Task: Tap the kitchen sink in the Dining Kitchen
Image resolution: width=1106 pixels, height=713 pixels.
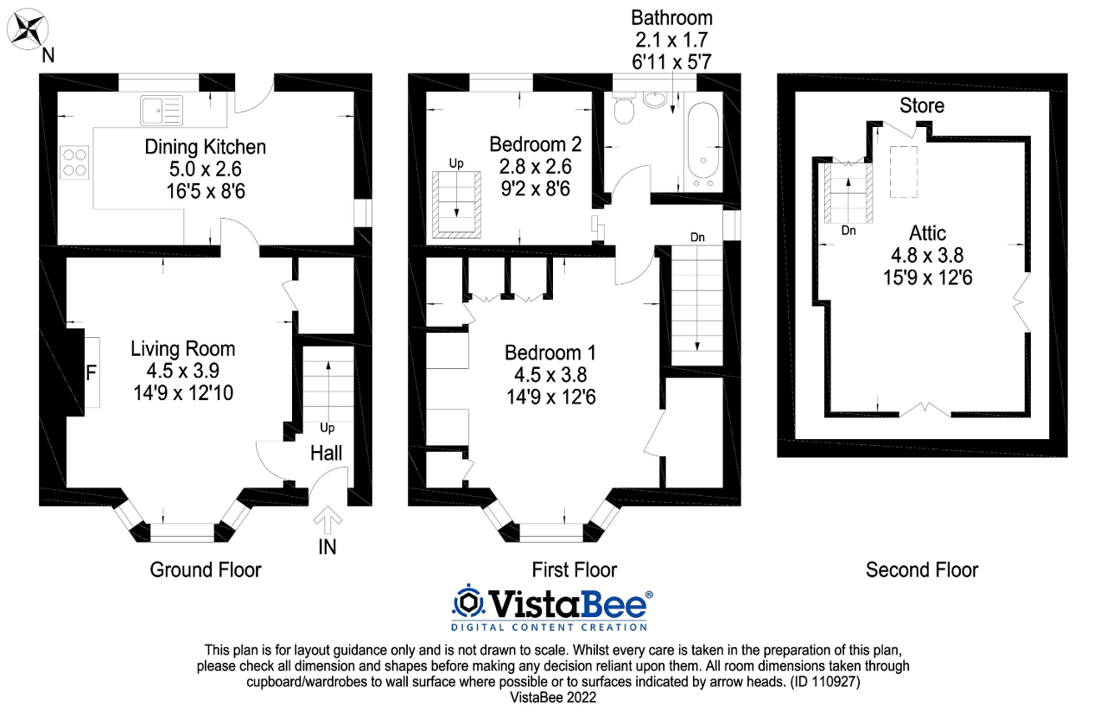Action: (161, 110)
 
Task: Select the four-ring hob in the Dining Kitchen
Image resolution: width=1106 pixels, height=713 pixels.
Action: (74, 162)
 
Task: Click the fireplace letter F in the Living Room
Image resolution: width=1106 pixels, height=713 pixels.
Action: (90, 374)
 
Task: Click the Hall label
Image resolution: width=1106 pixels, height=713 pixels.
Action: (327, 453)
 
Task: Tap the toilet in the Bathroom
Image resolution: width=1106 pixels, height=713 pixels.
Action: (624, 108)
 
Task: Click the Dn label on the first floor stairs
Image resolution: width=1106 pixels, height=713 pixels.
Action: (697, 236)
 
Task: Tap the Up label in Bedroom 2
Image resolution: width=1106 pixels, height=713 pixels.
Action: (455, 162)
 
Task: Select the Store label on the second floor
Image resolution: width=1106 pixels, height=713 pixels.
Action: (922, 105)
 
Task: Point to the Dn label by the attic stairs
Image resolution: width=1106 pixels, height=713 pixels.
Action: (849, 231)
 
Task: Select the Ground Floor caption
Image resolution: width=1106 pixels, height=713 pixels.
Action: (206, 570)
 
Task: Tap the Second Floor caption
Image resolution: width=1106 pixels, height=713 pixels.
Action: (922, 570)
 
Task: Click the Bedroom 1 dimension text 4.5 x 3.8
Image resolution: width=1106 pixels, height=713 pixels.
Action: (550, 375)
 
